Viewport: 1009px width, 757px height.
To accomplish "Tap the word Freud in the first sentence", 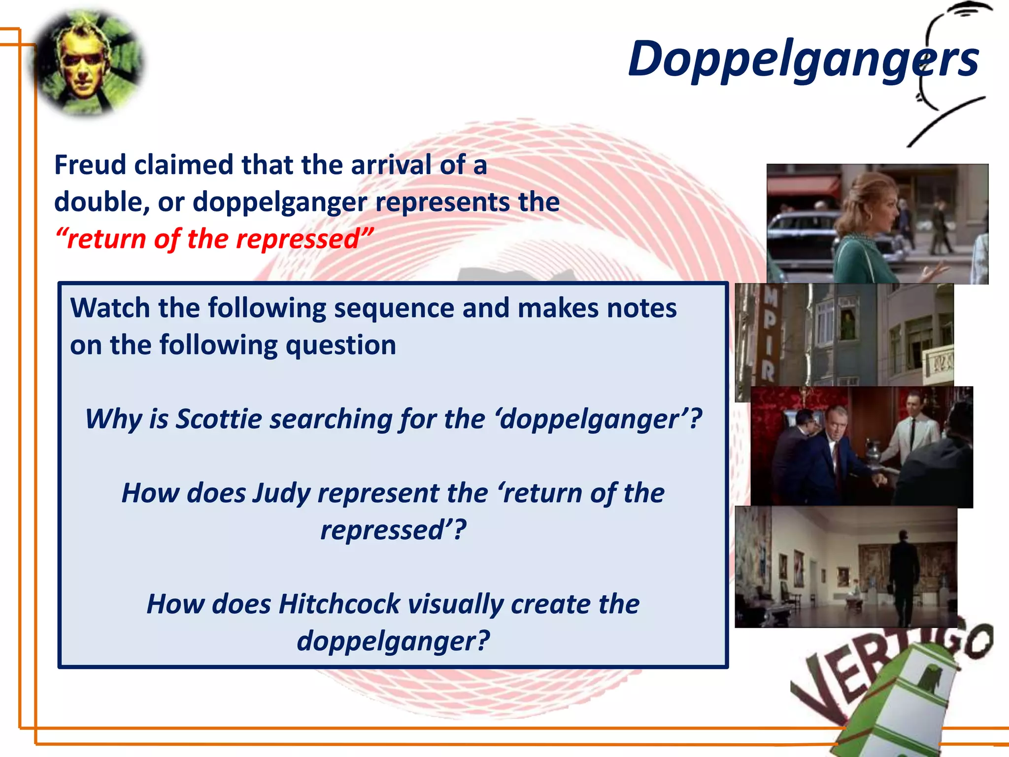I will (x=90, y=165).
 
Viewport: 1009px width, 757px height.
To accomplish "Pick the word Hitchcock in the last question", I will (x=340, y=604).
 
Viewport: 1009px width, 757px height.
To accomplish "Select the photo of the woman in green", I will (x=877, y=224).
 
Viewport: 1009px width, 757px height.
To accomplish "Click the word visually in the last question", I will (x=456, y=604).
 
